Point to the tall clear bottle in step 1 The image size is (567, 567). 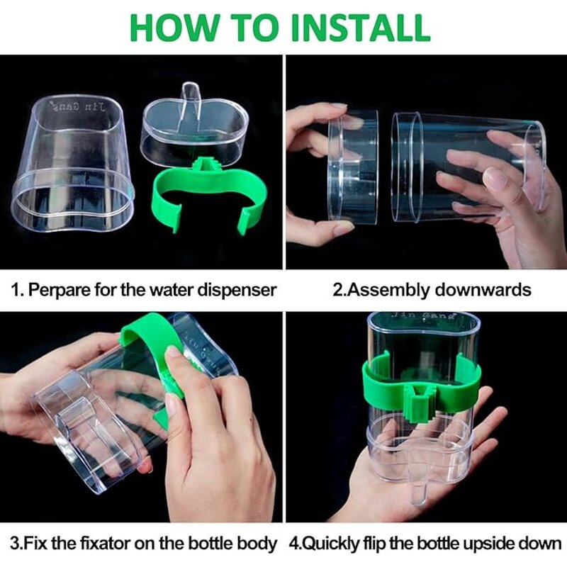click(x=74, y=170)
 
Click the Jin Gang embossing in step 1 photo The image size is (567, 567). click(x=77, y=106)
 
